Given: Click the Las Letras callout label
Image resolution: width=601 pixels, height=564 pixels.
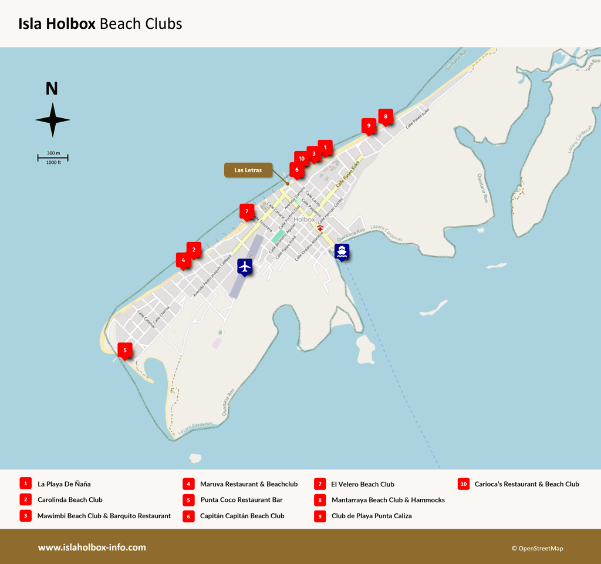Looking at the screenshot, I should click(x=248, y=170).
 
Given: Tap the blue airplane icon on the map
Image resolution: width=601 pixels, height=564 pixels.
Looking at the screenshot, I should click(x=245, y=266).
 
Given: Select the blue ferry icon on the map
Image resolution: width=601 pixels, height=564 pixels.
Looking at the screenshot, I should click(x=342, y=251).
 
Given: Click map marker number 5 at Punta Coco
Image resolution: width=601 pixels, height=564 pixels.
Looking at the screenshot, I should click(x=124, y=350).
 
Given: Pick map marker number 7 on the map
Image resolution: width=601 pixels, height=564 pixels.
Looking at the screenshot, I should click(x=247, y=211).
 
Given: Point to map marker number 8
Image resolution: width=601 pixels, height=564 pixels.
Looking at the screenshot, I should click(x=386, y=116).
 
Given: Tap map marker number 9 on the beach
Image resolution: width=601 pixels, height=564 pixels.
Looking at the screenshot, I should click(x=369, y=125).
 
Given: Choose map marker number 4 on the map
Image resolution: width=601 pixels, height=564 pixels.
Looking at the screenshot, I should click(x=183, y=260).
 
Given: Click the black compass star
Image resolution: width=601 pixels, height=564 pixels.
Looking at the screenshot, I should click(x=52, y=120).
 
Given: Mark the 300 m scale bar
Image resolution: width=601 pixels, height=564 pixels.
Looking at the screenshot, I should click(x=53, y=157).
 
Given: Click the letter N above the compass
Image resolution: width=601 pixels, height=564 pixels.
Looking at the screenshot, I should click(x=52, y=89).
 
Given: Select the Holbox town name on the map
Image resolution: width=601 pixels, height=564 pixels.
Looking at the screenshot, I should click(x=305, y=219).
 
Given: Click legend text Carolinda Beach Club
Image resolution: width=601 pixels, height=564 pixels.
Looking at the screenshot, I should click(x=70, y=500).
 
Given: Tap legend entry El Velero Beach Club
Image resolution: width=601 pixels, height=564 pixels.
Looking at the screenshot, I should click(x=362, y=485).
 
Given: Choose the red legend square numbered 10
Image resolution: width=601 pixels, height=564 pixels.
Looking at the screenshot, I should click(x=464, y=484).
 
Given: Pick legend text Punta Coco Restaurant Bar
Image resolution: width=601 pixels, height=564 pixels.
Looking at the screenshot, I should click(x=241, y=500).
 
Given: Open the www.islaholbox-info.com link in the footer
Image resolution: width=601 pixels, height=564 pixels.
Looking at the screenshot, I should click(x=92, y=548).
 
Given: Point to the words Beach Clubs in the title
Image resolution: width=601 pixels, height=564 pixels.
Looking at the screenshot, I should click(x=141, y=24).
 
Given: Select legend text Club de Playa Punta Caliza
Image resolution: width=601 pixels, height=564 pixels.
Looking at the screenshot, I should click(x=371, y=516).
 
